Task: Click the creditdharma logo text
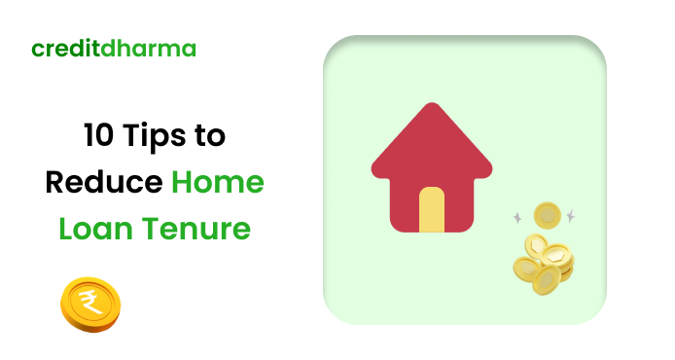pyautogui.click(x=113, y=48)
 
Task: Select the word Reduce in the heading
pyautogui.click(x=105, y=183)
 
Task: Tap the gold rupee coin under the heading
pyautogui.click(x=89, y=304)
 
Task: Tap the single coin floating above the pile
pyautogui.click(x=548, y=214)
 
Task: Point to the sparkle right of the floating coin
pyautogui.click(x=570, y=215)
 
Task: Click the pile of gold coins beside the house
pyautogui.click(x=544, y=263)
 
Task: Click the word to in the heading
pyautogui.click(x=209, y=136)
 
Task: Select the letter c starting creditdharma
pyautogui.click(x=36, y=49)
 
